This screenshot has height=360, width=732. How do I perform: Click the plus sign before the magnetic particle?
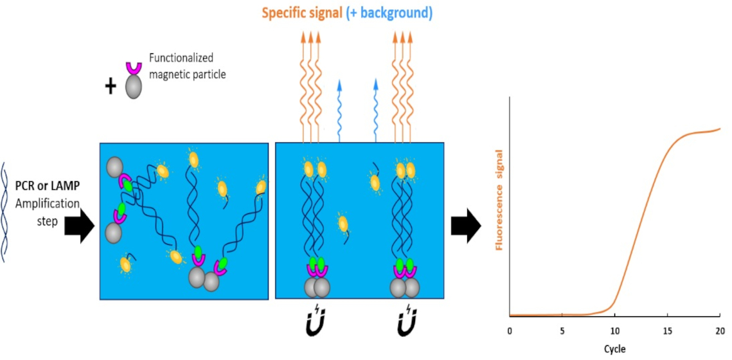click(x=111, y=86)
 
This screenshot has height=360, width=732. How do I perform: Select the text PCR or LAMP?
click(x=47, y=187)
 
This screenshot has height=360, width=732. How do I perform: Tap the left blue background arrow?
click(x=340, y=109)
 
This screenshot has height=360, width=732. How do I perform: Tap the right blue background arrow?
click(x=376, y=109)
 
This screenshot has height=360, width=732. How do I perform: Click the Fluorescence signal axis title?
click(x=499, y=200)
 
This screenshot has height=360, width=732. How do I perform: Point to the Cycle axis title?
click(x=614, y=349)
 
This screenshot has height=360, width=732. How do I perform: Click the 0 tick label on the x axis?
click(x=510, y=330)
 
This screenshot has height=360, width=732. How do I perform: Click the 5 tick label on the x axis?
click(x=562, y=330)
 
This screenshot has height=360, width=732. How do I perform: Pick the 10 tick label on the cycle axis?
click(x=614, y=330)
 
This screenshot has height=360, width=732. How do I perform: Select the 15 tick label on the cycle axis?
click(x=667, y=330)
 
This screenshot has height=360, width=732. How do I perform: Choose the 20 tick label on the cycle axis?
click(x=719, y=330)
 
